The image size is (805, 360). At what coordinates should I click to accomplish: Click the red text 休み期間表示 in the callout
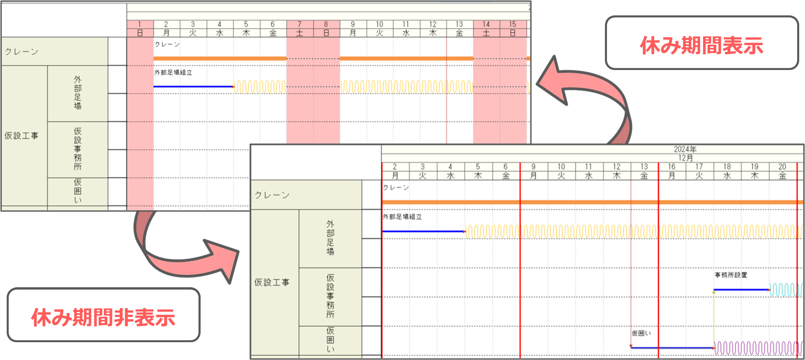[701, 45]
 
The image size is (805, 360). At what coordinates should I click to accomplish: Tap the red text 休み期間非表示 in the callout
[103, 317]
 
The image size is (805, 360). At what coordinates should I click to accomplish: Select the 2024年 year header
[685, 149]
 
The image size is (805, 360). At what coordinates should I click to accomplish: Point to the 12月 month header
[685, 158]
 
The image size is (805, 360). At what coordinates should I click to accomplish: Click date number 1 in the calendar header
[140, 24]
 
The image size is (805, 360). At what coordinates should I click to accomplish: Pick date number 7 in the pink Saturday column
[300, 24]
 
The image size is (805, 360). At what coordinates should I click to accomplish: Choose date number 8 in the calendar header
[326, 24]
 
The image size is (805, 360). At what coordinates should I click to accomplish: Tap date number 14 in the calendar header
[486, 24]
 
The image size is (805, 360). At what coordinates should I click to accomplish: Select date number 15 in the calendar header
[512, 24]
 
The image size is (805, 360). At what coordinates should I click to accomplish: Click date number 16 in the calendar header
[672, 167]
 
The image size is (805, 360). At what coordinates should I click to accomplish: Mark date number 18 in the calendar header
[727, 167]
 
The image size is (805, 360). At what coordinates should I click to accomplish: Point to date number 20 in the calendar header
[782, 167]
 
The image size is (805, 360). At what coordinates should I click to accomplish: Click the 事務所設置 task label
[731, 275]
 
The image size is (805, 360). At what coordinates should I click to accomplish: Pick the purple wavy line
[758, 348]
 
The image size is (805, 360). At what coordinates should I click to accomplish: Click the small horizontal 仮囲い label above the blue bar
[641, 333]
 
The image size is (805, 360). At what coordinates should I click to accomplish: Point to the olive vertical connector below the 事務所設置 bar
[714, 319]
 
